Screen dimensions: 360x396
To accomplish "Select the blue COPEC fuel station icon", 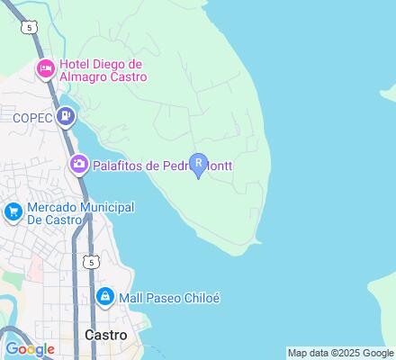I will (65, 116).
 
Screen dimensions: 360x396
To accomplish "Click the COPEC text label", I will (32, 116).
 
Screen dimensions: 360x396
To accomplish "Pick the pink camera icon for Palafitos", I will (78, 165).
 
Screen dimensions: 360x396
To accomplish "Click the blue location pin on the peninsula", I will (199, 166).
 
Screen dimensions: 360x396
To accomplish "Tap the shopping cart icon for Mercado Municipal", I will (13, 212).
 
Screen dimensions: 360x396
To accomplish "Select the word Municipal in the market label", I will (106, 207).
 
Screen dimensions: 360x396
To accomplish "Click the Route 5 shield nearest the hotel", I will (31, 28).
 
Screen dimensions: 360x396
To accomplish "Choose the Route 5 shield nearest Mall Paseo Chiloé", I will (91, 261).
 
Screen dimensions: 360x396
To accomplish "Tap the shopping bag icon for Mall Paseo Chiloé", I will (105, 296).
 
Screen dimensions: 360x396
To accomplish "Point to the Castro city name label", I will (105, 334).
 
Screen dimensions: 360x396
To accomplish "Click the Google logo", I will (30, 349).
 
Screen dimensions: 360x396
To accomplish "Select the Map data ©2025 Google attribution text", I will (340, 353).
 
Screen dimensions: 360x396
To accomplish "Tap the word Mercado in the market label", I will (52, 207).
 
